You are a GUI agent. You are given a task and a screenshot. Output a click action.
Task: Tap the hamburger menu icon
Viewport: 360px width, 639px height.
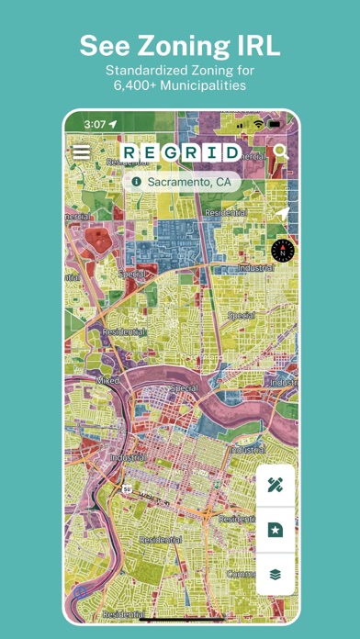tap(82, 152)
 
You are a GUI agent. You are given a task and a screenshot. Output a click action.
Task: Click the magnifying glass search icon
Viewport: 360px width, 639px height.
tap(280, 152)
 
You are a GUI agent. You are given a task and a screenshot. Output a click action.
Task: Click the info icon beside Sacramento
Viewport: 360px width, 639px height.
tap(137, 182)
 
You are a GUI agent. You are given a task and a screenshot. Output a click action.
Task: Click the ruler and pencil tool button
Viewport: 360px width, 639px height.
tap(276, 486)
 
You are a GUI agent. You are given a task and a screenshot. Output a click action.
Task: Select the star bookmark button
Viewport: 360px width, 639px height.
tap(276, 529)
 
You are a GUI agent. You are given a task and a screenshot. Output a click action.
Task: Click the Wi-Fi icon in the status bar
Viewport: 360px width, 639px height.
tap(259, 123)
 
